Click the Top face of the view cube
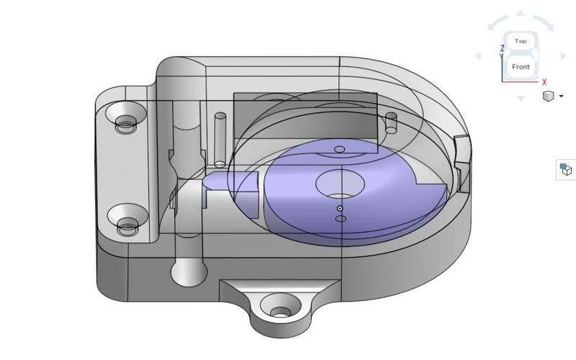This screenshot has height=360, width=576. [520, 42]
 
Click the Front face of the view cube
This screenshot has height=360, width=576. [520, 67]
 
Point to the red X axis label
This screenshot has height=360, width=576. [544, 83]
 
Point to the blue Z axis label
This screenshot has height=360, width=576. [502, 49]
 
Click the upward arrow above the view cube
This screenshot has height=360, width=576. [521, 14]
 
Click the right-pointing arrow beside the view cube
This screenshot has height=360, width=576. [563, 55]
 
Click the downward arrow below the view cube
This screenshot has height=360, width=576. [521, 97]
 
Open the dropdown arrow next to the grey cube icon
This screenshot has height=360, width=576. [561, 96]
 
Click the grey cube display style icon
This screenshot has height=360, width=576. [549, 96]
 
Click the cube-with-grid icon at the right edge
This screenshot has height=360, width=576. [566, 169]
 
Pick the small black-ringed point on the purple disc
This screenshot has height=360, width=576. [340, 209]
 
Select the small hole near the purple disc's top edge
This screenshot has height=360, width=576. [340, 149]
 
